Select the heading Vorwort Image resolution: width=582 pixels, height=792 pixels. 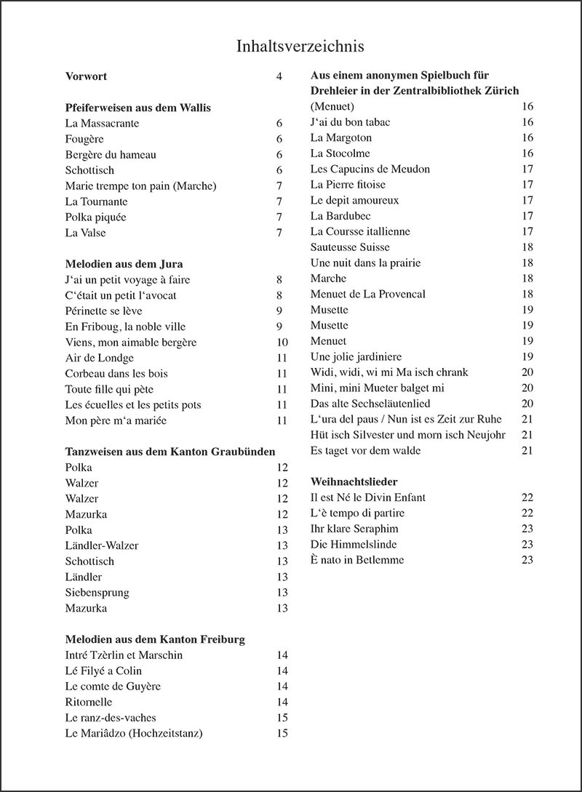(86, 76)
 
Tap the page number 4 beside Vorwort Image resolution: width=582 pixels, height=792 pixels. (279, 76)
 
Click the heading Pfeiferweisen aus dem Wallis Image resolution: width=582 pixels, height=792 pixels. (137, 108)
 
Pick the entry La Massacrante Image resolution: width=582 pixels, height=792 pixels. (102, 124)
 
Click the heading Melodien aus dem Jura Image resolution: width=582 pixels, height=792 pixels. (124, 264)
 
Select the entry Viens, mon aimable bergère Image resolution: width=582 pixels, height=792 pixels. (131, 343)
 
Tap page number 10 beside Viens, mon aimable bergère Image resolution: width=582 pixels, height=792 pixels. (282, 343)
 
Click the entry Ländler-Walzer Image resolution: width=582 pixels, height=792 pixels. (101, 545)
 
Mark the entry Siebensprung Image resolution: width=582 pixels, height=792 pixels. (97, 593)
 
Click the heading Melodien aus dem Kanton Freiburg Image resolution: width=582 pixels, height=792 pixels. (154, 639)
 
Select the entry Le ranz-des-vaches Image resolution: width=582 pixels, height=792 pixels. (110, 718)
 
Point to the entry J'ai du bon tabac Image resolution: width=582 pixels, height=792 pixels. (350, 122)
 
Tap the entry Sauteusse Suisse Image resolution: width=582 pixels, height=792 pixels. (350, 247)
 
